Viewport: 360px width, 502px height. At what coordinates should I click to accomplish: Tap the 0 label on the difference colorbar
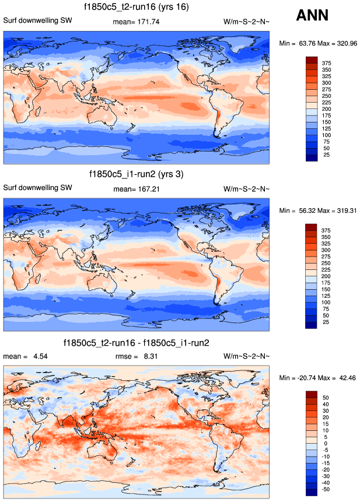pyautogui.click(x=326, y=444)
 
